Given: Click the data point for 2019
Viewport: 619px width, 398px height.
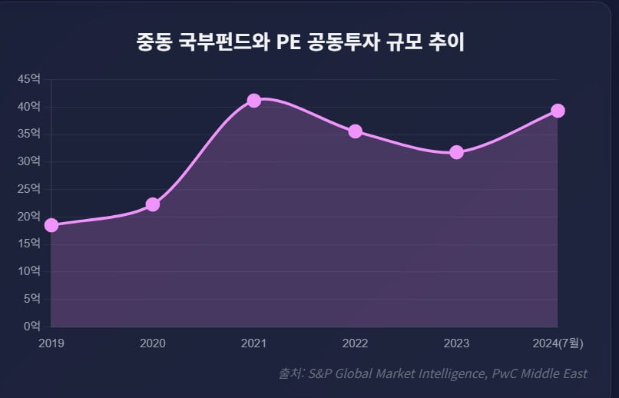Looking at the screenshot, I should [51, 225].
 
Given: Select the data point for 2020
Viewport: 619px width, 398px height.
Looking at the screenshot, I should [153, 204].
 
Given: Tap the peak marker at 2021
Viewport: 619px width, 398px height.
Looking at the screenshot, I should [254, 101].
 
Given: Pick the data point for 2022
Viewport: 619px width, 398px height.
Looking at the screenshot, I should [355, 131].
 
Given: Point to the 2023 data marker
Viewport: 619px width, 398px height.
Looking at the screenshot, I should [456, 152].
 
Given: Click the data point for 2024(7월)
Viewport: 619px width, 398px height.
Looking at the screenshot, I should [558, 111].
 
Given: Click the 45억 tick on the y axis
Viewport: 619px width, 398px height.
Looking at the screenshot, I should [30, 79].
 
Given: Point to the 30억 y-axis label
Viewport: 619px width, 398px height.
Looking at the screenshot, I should [30, 161].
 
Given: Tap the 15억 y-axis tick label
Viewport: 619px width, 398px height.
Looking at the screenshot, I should [30, 244].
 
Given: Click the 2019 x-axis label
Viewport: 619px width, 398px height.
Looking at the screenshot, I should [51, 343].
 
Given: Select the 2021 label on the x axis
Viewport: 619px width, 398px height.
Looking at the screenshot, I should [254, 343].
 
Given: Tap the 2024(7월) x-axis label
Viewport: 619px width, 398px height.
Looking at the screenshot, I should [558, 343].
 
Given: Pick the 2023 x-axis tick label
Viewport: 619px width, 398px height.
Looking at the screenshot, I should [456, 343].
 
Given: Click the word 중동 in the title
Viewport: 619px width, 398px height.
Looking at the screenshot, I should [154, 41].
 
